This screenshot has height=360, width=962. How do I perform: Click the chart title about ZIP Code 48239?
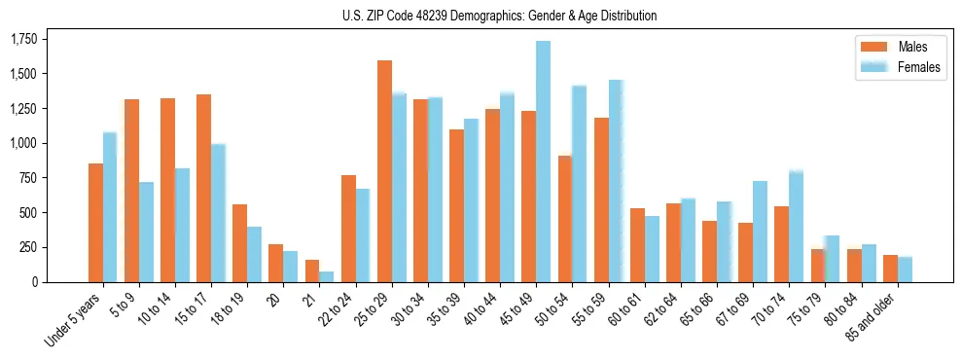(x=499, y=16)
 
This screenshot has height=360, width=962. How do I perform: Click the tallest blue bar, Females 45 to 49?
(x=543, y=162)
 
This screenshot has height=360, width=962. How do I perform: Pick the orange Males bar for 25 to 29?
(x=384, y=171)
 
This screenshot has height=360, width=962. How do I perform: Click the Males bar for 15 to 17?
(x=203, y=188)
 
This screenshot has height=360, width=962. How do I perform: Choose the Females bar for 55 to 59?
(x=616, y=181)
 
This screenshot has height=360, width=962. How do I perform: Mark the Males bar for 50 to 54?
(x=564, y=219)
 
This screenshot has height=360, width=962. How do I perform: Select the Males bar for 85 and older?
(x=890, y=269)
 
